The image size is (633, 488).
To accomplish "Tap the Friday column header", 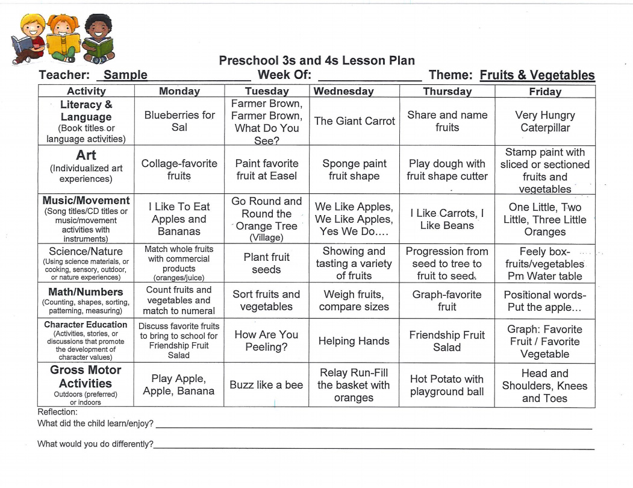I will pyautogui.click(x=544, y=92).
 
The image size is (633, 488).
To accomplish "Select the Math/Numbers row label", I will pyautogui.click(x=86, y=292).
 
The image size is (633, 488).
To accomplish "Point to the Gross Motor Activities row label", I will pyautogui.click(x=86, y=377).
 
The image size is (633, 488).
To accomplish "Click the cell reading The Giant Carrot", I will pyautogui.click(x=354, y=121).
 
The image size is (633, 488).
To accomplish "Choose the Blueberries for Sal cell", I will pyautogui.click(x=179, y=121).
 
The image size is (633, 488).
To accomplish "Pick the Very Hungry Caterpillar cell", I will pyautogui.click(x=544, y=121).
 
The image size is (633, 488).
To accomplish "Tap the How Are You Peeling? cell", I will pyautogui.click(x=266, y=340).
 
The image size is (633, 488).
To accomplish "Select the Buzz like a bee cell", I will pyautogui.click(x=266, y=385).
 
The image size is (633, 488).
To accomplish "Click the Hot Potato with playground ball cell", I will pyautogui.click(x=447, y=386).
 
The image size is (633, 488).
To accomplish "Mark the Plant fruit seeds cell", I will pyautogui.click(x=266, y=263).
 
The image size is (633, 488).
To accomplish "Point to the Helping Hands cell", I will pyautogui.click(x=354, y=341).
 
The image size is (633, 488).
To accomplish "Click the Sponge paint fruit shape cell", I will pyautogui.click(x=354, y=169).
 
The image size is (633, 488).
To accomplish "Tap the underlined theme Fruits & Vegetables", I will pyautogui.click(x=537, y=75).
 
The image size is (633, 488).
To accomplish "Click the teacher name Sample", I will pyautogui.click(x=125, y=75).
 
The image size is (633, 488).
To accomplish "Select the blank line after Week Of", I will pyautogui.click(x=369, y=77).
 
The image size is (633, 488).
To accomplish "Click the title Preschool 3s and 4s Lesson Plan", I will pyautogui.click(x=317, y=60).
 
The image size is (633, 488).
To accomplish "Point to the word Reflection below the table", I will pyautogui.click(x=58, y=412).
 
